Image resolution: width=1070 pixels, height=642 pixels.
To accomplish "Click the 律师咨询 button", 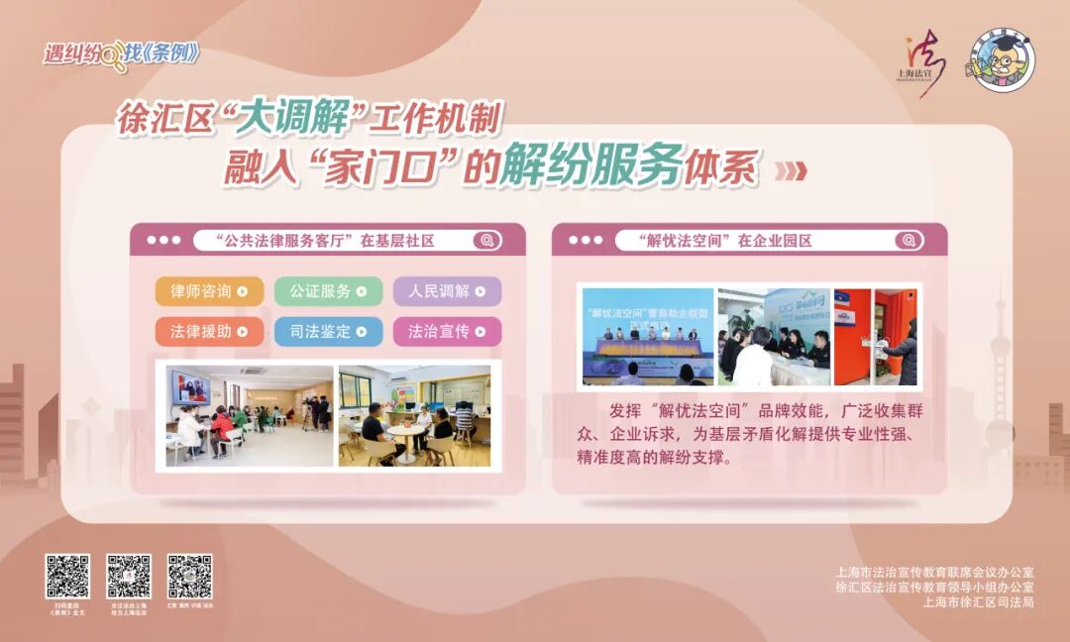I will pyautogui.click(x=209, y=291).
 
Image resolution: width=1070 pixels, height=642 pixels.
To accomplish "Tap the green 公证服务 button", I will pyautogui.click(x=328, y=291).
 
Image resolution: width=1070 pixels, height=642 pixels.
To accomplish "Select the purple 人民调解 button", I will pyautogui.click(x=447, y=291).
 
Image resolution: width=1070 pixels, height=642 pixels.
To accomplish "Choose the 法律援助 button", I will pyautogui.click(x=209, y=331).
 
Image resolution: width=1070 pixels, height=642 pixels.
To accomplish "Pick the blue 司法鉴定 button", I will pyautogui.click(x=328, y=331).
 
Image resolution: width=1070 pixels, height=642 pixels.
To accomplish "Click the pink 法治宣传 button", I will pyautogui.click(x=447, y=331).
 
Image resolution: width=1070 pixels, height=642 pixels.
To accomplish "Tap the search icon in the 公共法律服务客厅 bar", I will pyautogui.click(x=486, y=241).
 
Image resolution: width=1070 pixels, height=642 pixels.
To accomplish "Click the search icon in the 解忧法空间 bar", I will pyautogui.click(x=908, y=241).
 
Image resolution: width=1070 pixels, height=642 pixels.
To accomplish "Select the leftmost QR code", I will pyautogui.click(x=67, y=577).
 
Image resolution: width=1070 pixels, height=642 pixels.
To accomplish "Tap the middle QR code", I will pyautogui.click(x=129, y=577).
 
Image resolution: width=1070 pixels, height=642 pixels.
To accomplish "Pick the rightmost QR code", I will pyautogui.click(x=189, y=577).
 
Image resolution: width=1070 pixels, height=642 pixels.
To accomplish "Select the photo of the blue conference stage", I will pyautogui.click(x=648, y=336).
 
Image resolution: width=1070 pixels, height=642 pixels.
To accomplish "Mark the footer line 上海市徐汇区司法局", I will pyautogui.click(x=978, y=601).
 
